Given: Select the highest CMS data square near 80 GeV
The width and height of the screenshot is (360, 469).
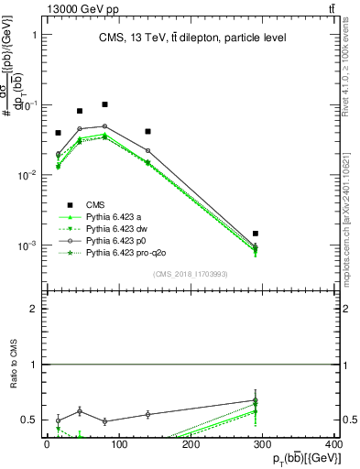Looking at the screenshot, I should (105, 104).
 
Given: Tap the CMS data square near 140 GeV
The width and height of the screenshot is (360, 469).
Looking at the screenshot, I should (147, 131).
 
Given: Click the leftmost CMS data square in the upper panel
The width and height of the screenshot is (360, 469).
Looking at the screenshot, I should (58, 133).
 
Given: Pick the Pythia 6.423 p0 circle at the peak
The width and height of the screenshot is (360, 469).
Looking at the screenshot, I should (105, 126).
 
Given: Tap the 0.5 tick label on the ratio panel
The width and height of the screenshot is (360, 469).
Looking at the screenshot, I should (29, 420).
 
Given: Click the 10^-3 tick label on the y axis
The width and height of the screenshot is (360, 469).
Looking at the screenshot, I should (27, 245).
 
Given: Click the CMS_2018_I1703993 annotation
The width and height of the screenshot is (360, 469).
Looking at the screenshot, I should (191, 275).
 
